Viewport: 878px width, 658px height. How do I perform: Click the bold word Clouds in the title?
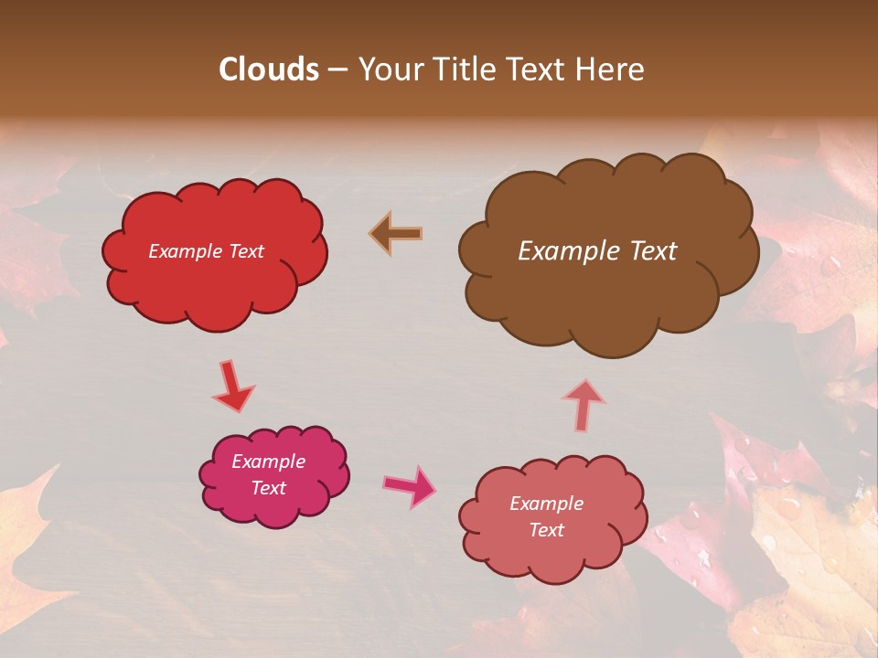point(269,69)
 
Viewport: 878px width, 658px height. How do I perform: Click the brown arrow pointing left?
point(395,234)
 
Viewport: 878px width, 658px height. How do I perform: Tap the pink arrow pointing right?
point(410,485)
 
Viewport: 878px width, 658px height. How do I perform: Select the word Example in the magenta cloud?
point(268,462)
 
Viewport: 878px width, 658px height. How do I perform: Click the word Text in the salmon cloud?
point(546,530)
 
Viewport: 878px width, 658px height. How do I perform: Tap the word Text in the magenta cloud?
point(268,488)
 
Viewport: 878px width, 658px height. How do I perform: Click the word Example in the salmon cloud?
point(546,504)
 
